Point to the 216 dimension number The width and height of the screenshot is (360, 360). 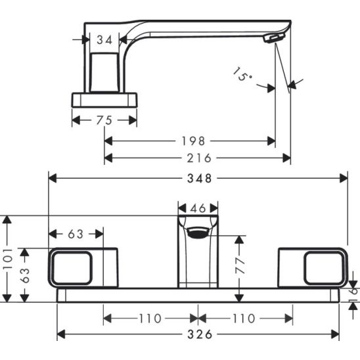pyautogui.click(x=199, y=158)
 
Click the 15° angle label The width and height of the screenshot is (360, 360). pyautogui.click(x=242, y=74)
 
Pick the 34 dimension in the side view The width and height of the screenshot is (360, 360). pyautogui.click(x=104, y=41)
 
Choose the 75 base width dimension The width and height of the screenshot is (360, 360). pyautogui.click(x=103, y=120)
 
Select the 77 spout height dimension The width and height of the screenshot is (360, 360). pyautogui.click(x=240, y=265)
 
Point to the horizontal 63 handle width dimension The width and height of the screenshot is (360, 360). pyautogui.click(x=76, y=234)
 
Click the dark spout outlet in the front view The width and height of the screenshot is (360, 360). pyautogui.click(x=198, y=232)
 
